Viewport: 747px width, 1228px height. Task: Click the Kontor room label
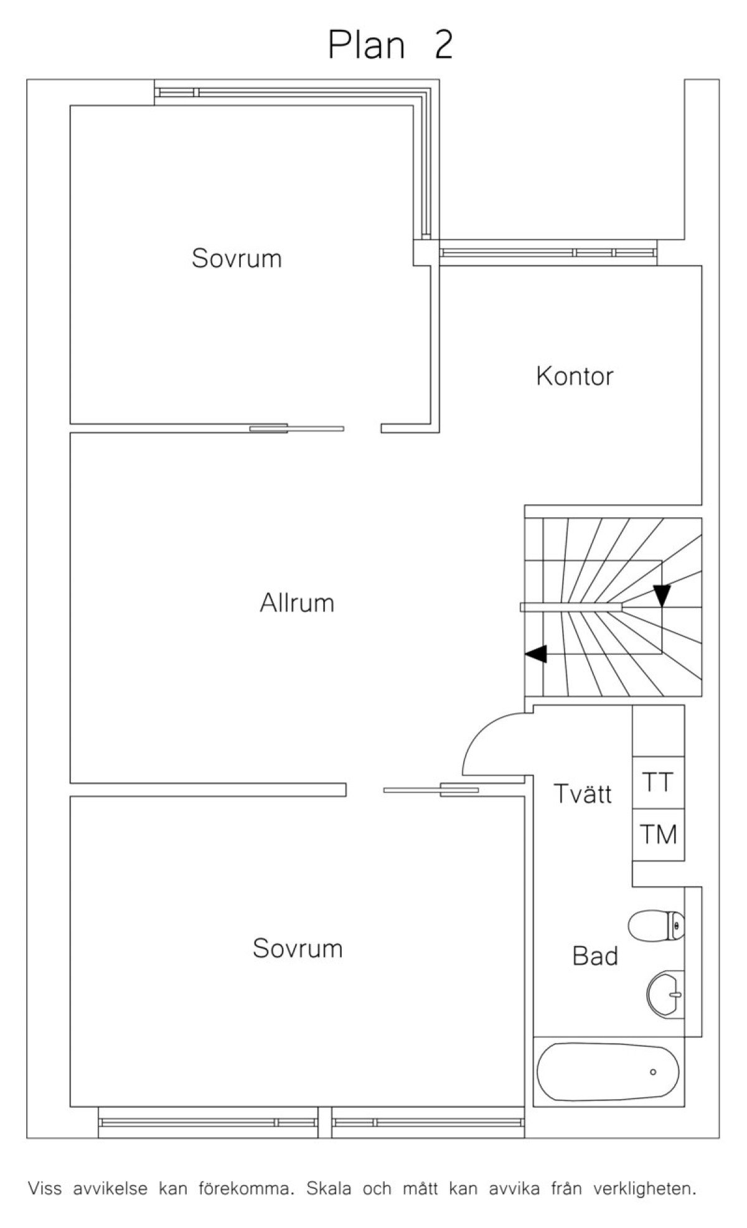[x=575, y=377]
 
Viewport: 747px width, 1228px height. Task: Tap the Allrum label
[x=297, y=603]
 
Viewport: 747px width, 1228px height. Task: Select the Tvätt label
[x=583, y=794]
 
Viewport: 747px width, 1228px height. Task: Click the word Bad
[x=595, y=956]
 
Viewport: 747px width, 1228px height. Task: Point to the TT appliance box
[x=659, y=782]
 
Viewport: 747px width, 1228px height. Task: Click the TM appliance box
[x=659, y=835]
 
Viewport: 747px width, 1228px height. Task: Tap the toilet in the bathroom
[x=656, y=926]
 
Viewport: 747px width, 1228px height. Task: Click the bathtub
[x=608, y=1072]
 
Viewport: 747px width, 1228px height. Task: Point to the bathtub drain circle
[x=653, y=1072]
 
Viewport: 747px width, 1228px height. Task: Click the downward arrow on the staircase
[x=662, y=596]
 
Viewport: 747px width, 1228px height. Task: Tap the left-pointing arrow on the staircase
[x=536, y=654]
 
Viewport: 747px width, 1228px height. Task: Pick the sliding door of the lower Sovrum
[x=431, y=790]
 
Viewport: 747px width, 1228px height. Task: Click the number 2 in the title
[x=443, y=45]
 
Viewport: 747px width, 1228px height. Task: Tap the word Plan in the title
[x=366, y=45]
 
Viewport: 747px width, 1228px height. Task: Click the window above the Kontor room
[x=548, y=253]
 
